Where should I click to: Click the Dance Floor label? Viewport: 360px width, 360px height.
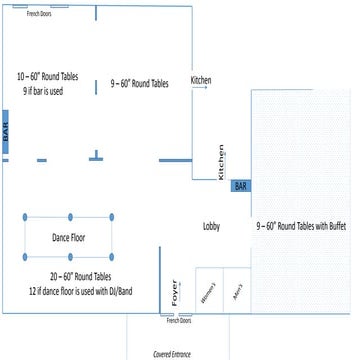69,237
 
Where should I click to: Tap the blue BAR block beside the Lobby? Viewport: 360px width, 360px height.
240,186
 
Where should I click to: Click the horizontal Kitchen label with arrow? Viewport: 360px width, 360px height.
201,81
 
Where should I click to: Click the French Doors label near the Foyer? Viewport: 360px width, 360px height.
178,320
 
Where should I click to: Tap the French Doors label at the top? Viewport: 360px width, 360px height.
40,14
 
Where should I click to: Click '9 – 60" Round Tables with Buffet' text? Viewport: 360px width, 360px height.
301,227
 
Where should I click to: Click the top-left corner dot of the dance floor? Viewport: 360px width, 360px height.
27,216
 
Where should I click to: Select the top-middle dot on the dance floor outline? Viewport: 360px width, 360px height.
70,216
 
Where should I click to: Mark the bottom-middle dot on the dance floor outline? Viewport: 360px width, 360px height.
70,258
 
